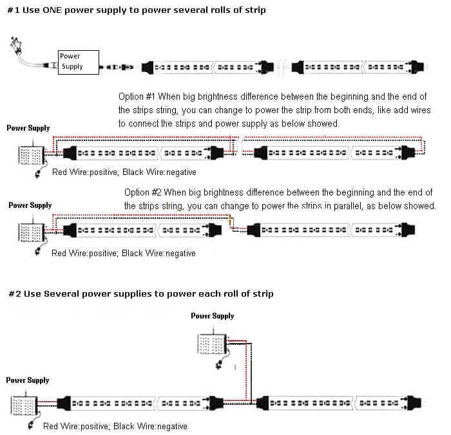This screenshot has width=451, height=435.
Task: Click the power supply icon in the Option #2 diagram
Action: pyautogui.click(x=28, y=230)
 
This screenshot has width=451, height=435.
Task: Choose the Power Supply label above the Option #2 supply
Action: pyautogui.click(x=30, y=206)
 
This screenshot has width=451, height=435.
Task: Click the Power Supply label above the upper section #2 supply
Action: pyautogui.click(x=212, y=316)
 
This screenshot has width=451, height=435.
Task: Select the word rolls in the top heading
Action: pyautogui.click(x=186, y=10)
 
